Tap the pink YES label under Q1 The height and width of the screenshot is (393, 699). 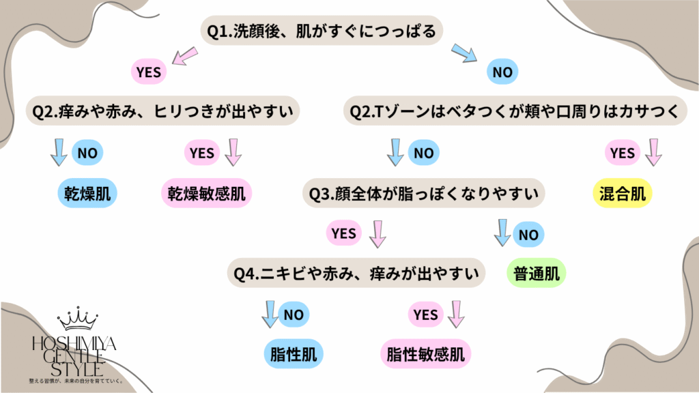coord(149,71)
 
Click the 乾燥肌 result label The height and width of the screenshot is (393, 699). coord(86,194)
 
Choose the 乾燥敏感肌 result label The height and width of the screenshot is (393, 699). coord(206,194)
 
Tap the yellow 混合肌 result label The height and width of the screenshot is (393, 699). coord(622,194)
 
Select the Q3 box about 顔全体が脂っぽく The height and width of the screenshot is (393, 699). coord(425,194)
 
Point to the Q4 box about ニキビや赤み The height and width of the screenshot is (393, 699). coord(355,274)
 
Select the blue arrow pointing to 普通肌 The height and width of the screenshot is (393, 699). coord(502,233)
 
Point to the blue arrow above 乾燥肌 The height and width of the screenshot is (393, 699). coord(59,153)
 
